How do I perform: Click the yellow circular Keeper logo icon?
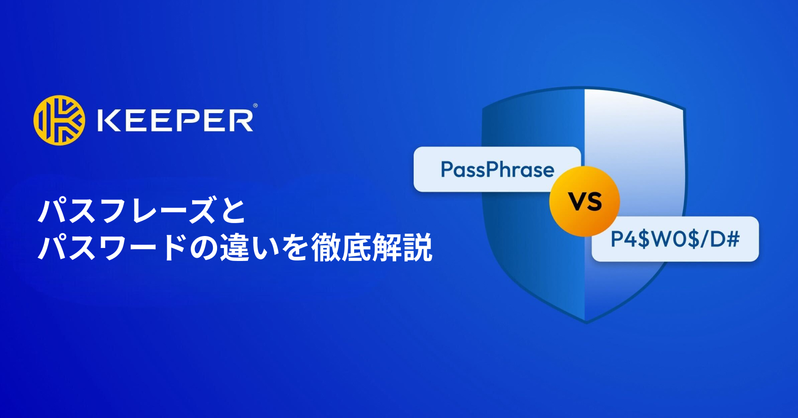point(59,120)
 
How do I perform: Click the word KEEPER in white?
point(175,121)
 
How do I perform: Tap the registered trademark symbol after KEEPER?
point(255,106)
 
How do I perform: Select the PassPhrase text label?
point(497,170)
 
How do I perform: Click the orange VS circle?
point(585,201)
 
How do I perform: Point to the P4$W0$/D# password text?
point(675,239)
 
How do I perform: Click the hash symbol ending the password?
point(731,239)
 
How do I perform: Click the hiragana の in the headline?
point(204,248)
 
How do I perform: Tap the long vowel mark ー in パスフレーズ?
point(172,211)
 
